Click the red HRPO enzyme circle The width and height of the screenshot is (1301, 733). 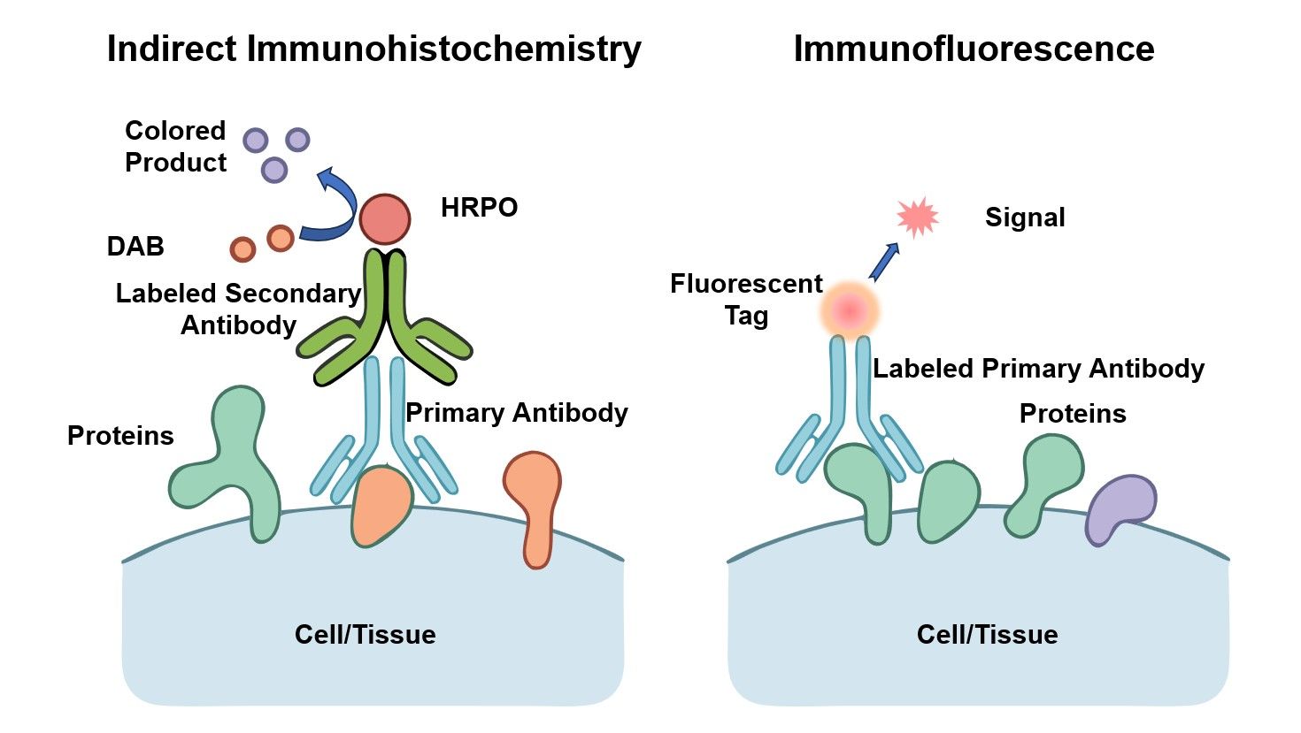coord(385,219)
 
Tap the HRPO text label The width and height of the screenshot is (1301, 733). coord(479,208)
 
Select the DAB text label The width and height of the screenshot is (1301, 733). coord(135,246)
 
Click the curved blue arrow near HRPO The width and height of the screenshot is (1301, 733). coord(335,208)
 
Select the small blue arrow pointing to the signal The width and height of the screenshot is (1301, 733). coord(884,261)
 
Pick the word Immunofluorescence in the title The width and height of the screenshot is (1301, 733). coord(974,49)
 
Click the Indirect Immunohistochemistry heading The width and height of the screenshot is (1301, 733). coord(373,49)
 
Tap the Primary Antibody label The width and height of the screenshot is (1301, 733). coord(517,412)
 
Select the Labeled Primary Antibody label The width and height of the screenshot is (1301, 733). coord(1038,368)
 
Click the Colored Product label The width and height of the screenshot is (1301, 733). coord(175,146)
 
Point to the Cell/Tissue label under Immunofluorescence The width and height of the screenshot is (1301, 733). coord(987,634)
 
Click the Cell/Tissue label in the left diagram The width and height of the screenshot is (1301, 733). coord(365,634)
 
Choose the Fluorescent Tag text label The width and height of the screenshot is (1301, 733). coord(746,299)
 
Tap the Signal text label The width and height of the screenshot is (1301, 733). coord(1025,218)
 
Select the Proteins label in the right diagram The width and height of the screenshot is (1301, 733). coord(1073,413)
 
